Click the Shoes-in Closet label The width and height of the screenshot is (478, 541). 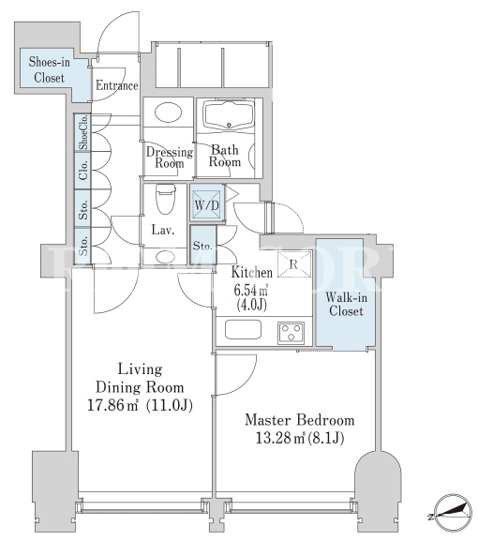click(50, 69)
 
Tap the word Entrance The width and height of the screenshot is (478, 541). click(117, 85)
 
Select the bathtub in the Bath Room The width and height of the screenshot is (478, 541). click(229, 115)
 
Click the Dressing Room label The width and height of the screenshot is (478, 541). click(170, 158)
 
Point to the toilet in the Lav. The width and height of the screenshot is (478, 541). click(166, 200)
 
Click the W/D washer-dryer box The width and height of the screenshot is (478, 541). click(206, 205)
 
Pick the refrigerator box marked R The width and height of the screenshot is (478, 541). click(294, 264)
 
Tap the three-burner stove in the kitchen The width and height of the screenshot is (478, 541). click(291, 333)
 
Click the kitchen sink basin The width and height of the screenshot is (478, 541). click(243, 330)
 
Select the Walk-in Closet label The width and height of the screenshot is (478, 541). click(346, 305)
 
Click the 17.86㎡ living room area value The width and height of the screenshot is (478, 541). click(112, 405)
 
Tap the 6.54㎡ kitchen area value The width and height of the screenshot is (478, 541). click(251, 291)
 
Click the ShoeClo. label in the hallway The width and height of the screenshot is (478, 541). click(83, 132)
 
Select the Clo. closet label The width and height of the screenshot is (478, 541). click(83, 171)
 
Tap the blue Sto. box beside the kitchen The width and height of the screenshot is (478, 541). click(202, 245)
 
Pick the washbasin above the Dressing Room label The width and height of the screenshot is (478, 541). click(168, 113)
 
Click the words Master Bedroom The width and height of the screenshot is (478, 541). click(299, 420)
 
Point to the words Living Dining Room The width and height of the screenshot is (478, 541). click(140, 379)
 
